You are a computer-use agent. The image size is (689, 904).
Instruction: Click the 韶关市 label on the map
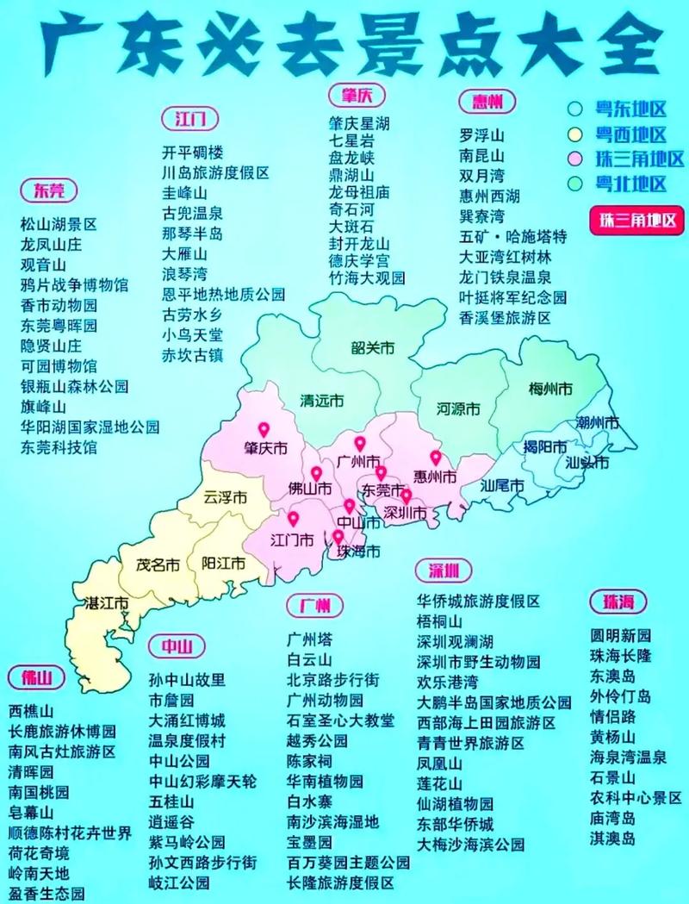pyautogui.click(x=372, y=348)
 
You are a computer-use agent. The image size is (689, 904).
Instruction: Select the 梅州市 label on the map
pyautogui.click(x=550, y=389)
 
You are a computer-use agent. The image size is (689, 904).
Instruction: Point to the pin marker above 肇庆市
pyautogui.click(x=263, y=429)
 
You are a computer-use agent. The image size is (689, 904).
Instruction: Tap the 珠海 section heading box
pyautogui.click(x=618, y=601)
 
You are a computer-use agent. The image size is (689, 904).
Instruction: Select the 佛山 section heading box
pyautogui.click(x=36, y=677)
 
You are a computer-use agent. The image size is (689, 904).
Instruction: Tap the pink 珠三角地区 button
pyautogui.click(x=636, y=219)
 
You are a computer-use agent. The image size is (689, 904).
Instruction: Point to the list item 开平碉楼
pyautogui.click(x=193, y=153)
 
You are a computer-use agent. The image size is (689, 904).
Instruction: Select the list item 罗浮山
pyautogui.click(x=481, y=135)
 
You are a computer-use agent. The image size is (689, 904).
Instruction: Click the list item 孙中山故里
pyautogui.click(x=187, y=679)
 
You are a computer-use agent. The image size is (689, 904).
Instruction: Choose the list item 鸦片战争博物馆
pyautogui.click(x=75, y=284)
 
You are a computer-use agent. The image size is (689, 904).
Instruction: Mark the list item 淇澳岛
pyautogui.click(x=612, y=838)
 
